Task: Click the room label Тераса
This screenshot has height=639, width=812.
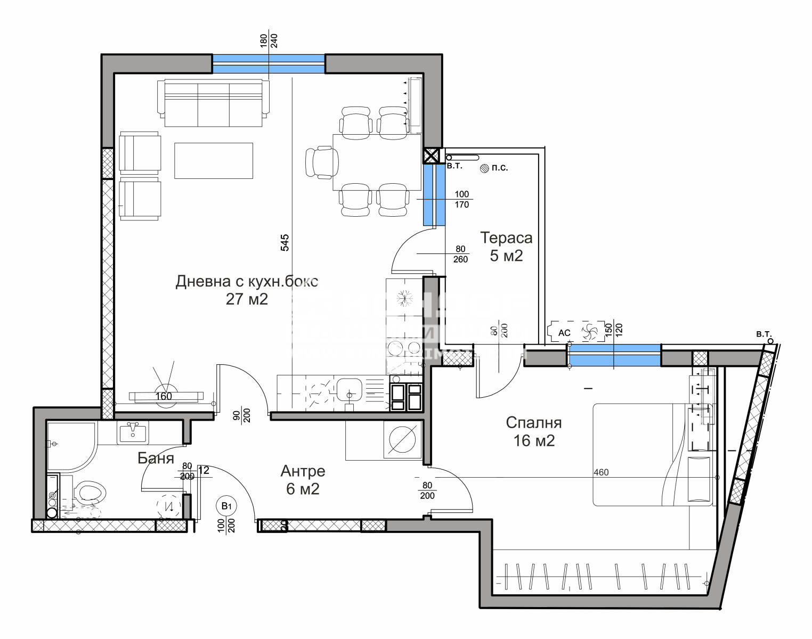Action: [506, 237]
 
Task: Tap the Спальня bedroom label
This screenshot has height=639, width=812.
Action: [533, 423]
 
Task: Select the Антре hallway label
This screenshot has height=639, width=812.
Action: [303, 471]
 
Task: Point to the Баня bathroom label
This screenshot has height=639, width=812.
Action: [156, 458]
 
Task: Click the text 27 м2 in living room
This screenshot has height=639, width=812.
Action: [247, 299]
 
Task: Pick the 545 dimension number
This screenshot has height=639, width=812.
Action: [285, 243]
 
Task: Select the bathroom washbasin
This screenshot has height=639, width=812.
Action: [132, 432]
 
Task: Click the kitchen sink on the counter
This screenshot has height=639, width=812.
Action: [349, 391]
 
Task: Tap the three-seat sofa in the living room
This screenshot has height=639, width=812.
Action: [214, 103]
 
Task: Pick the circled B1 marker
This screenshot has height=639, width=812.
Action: [226, 505]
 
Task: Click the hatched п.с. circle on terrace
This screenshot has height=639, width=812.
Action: [484, 168]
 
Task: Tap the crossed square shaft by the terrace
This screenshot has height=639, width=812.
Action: [431, 155]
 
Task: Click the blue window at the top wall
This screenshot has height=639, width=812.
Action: [269, 63]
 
